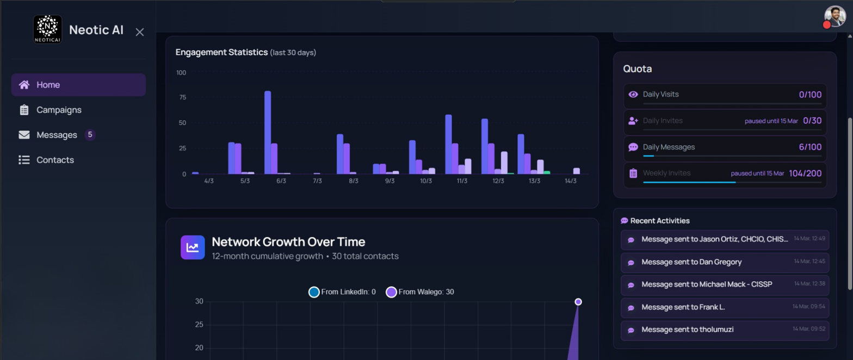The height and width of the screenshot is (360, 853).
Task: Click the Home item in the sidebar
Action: click(x=78, y=85)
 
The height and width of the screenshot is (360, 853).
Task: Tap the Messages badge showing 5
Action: click(x=90, y=135)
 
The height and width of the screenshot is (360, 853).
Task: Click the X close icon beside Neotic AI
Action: click(x=140, y=32)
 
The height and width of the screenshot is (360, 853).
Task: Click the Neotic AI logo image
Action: click(x=48, y=29)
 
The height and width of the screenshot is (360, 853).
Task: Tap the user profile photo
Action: click(x=835, y=16)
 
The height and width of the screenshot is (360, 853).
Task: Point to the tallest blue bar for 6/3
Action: click(x=268, y=133)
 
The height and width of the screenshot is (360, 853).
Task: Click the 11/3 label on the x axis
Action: click(x=462, y=181)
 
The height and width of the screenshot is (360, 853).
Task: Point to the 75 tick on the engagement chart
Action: click(x=182, y=97)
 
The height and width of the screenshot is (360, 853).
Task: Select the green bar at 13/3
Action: click(x=547, y=173)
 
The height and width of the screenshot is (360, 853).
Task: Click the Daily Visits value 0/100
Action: click(x=810, y=95)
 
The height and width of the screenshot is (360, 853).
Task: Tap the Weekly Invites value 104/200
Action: click(x=805, y=173)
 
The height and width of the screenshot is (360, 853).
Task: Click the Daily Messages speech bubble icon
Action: click(x=633, y=147)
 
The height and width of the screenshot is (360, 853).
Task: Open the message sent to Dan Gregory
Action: click(x=725, y=262)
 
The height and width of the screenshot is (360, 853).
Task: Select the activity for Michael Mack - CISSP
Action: click(x=725, y=284)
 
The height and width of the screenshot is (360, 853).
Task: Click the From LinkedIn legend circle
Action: click(x=314, y=292)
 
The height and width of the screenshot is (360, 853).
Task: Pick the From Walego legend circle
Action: click(x=391, y=292)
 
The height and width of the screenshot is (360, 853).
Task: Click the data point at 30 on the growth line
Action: click(x=578, y=302)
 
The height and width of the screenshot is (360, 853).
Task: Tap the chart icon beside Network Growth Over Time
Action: click(x=193, y=247)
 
